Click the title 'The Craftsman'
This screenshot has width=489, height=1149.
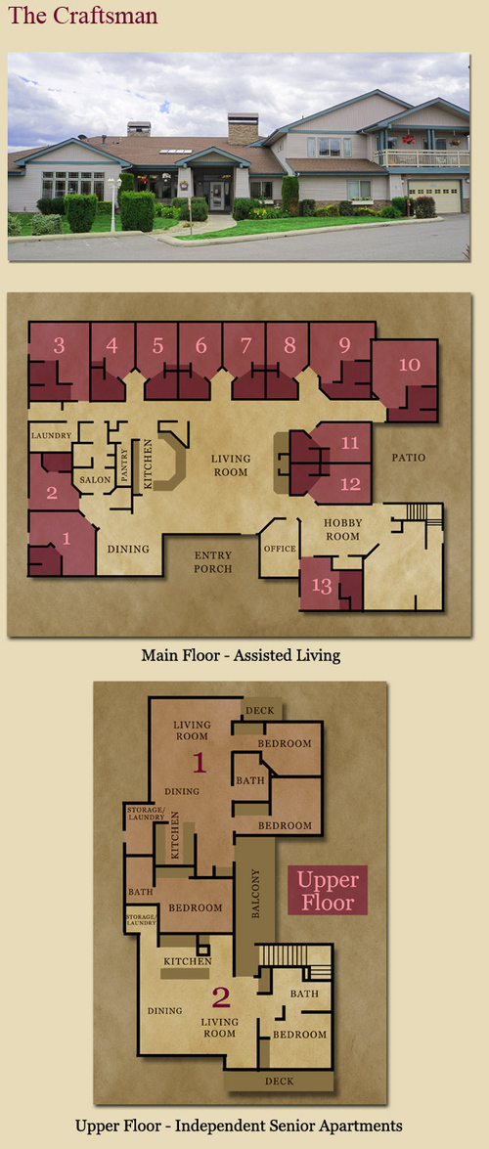coord(83,16)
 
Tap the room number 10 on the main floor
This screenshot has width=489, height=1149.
coord(410,364)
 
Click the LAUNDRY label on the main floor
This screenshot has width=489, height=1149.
coord(51,436)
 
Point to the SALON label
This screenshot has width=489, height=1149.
coord(95,479)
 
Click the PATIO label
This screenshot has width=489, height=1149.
coord(408,458)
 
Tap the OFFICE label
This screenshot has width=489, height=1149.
coord(280,549)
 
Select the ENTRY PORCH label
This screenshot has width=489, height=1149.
coord(212,561)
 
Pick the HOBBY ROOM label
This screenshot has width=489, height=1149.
coord(341,530)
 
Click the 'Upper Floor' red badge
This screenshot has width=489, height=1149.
coord(327,890)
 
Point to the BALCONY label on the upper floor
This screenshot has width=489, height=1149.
coord(255,893)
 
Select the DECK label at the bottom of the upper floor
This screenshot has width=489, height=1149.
coord(280,1081)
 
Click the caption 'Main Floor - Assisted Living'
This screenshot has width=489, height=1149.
coord(241,655)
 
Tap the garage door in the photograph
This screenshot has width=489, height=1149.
coord(435,197)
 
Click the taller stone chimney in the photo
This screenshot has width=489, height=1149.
coord(243,128)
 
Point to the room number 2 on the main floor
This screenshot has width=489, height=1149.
coord(51,493)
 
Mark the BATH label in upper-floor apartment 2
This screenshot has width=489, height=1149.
coord(303,994)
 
